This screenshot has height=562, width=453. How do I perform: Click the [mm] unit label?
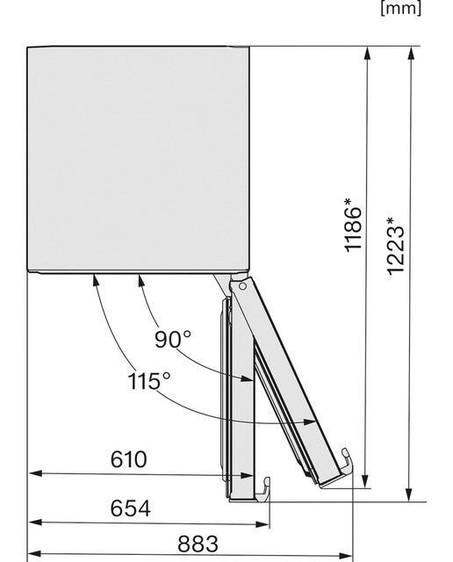click(400, 8)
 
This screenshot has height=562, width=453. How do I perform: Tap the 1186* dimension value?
click(353, 225)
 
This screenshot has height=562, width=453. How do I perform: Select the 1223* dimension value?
click(395, 247)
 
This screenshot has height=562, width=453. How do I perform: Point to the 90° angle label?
click(173, 339)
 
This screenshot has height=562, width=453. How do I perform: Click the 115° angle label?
click(149, 380)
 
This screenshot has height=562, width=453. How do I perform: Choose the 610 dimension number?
click(129, 459)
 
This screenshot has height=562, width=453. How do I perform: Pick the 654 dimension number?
click(130, 508)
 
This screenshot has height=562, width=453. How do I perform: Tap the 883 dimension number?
click(198, 544)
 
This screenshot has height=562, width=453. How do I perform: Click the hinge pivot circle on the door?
click(242, 286)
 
